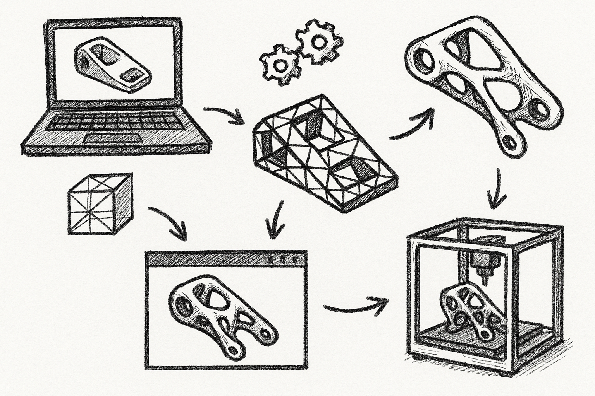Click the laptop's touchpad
point(101,139)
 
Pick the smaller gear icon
point(280,65)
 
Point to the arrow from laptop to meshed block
point(224,115)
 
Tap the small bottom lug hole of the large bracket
point(510,143)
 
